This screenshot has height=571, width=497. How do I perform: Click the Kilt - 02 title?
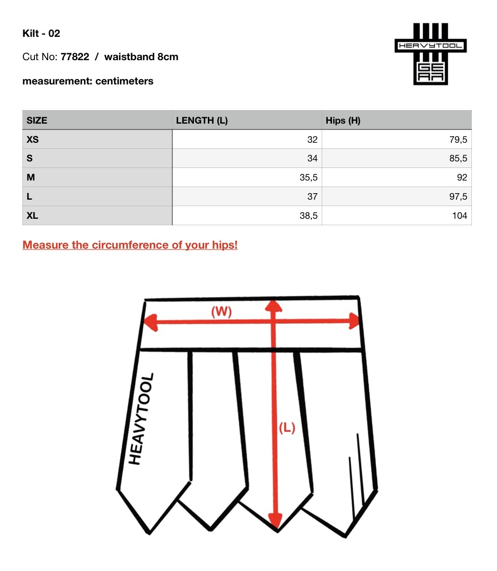pyautogui.click(x=41, y=34)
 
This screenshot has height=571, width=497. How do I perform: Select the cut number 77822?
pyautogui.click(x=75, y=57)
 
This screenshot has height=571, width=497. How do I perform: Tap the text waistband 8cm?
pyautogui.click(x=141, y=57)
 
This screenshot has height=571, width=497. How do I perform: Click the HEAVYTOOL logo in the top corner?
pyautogui.click(x=430, y=54)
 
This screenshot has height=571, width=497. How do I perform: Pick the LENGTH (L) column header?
pyautogui.click(x=202, y=120)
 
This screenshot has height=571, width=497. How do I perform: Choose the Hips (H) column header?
pyautogui.click(x=343, y=120)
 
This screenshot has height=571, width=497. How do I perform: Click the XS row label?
pyautogui.click(x=33, y=139)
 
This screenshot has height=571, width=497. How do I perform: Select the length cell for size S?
pyautogui.click(x=312, y=159)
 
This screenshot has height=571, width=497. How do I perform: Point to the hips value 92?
pyautogui.click(x=462, y=178)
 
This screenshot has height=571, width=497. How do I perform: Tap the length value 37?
pyautogui.click(x=312, y=197)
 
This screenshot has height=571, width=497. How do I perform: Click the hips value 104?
pyautogui.click(x=459, y=216)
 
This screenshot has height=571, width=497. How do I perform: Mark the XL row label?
pyautogui.click(x=32, y=216)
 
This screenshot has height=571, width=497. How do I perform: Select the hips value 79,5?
pyautogui.click(x=458, y=139)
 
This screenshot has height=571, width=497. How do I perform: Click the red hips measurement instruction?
pyautogui.click(x=130, y=245)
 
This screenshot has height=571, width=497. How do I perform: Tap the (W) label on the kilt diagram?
pyautogui.click(x=221, y=311)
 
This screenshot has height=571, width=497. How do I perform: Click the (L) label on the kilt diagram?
pyautogui.click(x=287, y=427)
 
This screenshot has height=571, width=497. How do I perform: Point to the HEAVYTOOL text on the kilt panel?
pyautogui.click(x=141, y=419)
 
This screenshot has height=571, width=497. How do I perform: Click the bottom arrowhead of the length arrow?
pyautogui.click(x=276, y=520)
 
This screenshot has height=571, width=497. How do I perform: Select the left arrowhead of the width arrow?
pyautogui.click(x=150, y=322)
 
